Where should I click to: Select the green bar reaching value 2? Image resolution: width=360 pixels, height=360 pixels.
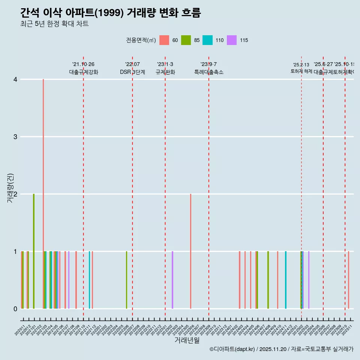(34, 251)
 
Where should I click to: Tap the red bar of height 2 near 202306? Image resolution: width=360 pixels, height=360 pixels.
(190, 251)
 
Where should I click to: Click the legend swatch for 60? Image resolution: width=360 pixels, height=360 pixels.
(164, 40)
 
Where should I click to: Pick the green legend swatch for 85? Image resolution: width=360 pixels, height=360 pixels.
(186, 40)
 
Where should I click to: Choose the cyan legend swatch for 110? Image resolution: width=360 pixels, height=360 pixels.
(207, 40)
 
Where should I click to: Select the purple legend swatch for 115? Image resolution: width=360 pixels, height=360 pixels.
(232, 40)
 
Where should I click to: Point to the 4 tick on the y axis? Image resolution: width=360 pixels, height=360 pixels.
(15, 79)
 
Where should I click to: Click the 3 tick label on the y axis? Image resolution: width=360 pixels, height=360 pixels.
(15, 137)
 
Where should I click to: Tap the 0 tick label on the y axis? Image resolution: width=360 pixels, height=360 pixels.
(15, 309)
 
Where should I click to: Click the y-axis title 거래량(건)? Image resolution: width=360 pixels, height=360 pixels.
(10, 188)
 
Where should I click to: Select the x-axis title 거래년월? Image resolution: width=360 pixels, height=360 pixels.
(187, 340)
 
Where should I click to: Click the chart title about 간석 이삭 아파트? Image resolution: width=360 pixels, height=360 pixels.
(111, 13)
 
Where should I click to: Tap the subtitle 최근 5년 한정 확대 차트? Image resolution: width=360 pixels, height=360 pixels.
(54, 24)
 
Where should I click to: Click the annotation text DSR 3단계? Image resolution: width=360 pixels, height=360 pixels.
(132, 72)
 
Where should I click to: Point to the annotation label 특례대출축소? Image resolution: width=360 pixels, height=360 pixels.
(208, 72)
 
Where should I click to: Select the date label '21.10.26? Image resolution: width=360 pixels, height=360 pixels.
(83, 64)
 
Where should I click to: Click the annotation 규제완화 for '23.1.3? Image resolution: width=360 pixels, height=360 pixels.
(165, 72)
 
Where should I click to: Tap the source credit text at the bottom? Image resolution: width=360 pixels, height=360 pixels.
(281, 349)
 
